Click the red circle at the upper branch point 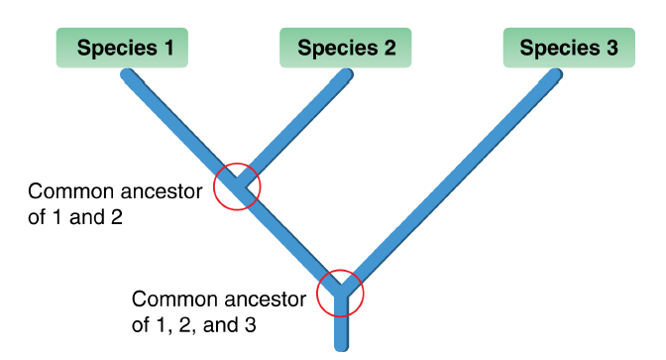(237, 185)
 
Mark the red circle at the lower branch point (341, 293)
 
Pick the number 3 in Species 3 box (610, 48)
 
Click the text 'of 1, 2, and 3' (194, 323)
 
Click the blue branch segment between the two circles (288, 239)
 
